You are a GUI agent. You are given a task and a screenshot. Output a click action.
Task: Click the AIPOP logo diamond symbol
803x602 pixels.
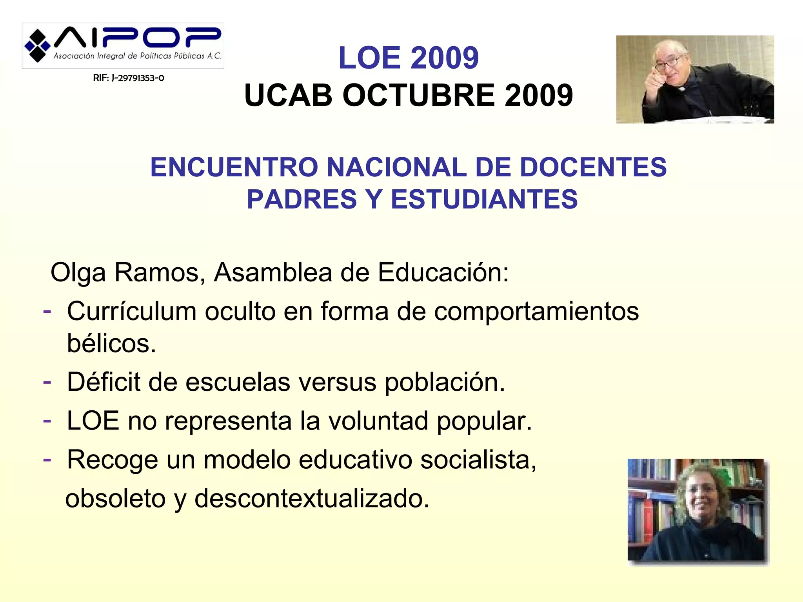(x=38, y=46)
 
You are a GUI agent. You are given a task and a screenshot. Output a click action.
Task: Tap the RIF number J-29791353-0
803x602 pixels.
(x=129, y=78)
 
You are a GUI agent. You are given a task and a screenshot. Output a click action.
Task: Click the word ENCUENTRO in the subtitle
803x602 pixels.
(x=234, y=167)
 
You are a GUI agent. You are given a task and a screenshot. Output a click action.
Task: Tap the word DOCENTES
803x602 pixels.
(x=593, y=167)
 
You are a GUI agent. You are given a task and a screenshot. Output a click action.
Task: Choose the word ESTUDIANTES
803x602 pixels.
(x=484, y=199)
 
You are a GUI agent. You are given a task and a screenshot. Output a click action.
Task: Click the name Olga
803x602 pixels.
(x=78, y=273)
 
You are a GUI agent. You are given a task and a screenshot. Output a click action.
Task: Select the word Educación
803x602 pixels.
(x=443, y=272)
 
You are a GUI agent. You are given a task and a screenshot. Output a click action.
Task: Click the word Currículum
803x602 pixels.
(x=132, y=312)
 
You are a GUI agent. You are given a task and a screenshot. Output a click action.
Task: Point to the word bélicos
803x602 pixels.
(x=111, y=344)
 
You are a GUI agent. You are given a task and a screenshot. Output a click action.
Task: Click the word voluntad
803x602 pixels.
(x=378, y=421)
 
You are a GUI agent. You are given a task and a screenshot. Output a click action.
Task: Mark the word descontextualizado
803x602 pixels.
(x=312, y=499)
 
